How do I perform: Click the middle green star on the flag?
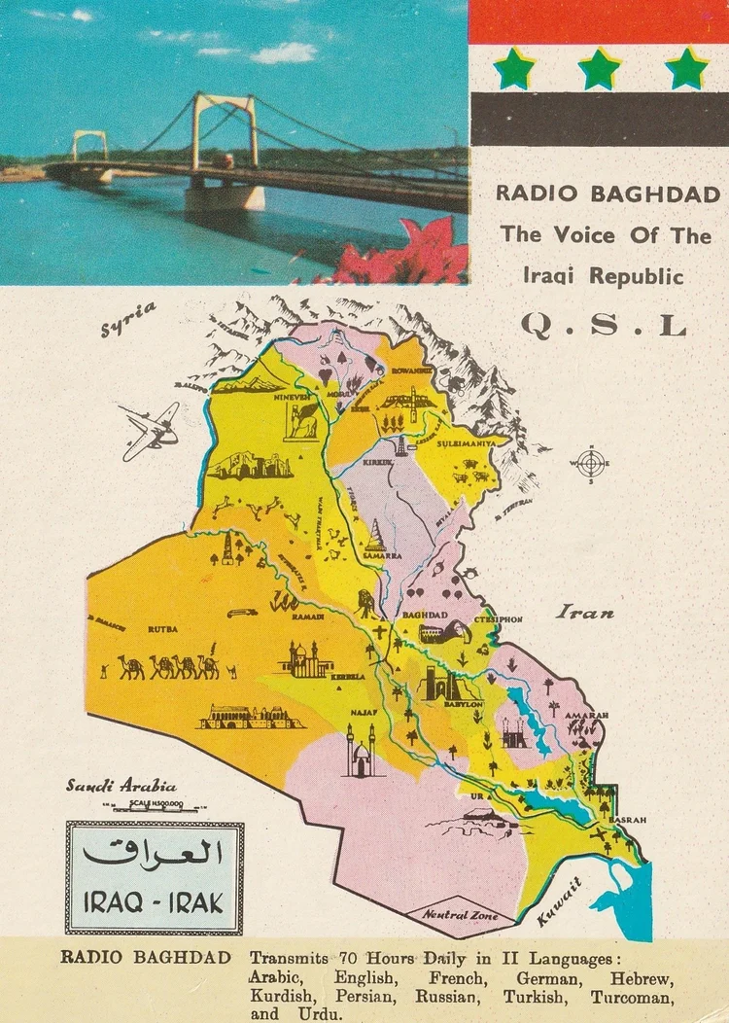[600, 69]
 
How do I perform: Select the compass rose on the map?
[590, 463]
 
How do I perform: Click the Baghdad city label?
[424, 616]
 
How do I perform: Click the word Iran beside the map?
[585, 613]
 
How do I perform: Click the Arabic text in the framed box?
[154, 853]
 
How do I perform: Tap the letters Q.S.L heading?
[603, 325]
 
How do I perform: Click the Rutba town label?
[162, 629]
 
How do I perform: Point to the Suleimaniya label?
[476, 441]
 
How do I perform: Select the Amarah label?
[586, 715]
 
